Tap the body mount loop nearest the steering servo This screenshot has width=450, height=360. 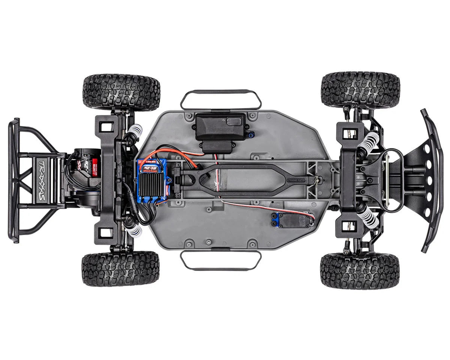(x=221, y=260)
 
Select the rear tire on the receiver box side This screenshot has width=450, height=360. (x=121, y=92)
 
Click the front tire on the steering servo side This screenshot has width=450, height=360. (x=360, y=270)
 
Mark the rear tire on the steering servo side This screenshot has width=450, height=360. (x=121, y=268)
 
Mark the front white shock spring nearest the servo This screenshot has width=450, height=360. (x=368, y=218)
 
